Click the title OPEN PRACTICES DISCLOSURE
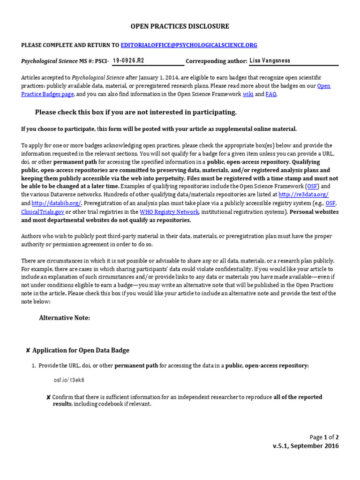(180, 26)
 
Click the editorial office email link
(189, 45)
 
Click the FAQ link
(271, 94)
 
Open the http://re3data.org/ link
(303, 195)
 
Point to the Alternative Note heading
(64, 318)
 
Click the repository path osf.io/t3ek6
(69, 380)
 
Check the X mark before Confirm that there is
(49, 397)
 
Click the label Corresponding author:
(217, 61)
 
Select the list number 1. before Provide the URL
(34, 366)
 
